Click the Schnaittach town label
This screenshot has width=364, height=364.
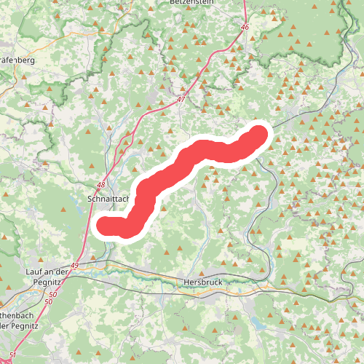tap(108, 197)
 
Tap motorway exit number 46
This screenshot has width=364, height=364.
tap(245, 27)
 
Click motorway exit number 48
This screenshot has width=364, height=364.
tap(100, 186)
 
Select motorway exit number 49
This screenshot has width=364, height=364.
tap(75, 266)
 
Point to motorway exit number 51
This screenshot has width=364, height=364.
tap(12, 355)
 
